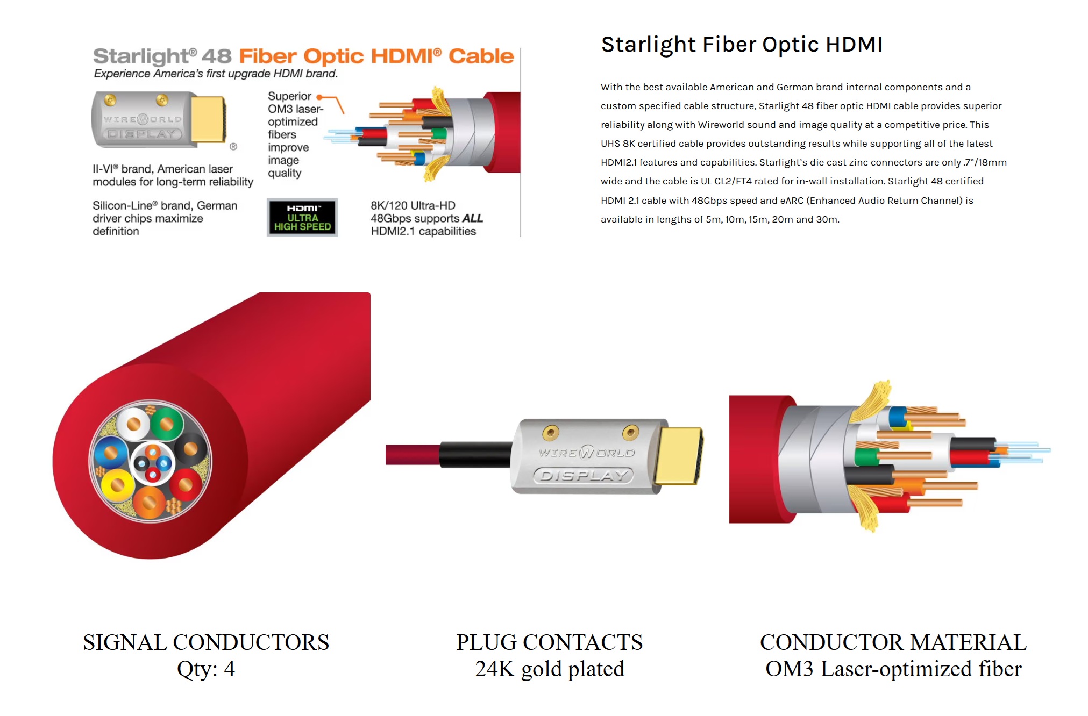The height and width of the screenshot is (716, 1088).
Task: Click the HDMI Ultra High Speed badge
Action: click(x=302, y=217)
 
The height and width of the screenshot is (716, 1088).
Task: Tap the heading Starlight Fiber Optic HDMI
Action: click(x=742, y=45)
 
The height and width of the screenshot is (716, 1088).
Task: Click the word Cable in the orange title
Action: click(x=481, y=56)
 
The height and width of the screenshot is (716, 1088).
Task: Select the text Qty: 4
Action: click(x=206, y=669)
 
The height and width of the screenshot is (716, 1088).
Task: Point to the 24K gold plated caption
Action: click(x=550, y=669)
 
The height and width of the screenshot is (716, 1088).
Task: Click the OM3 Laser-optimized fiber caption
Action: click(x=893, y=669)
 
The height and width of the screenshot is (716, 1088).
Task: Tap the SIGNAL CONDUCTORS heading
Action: click(x=206, y=642)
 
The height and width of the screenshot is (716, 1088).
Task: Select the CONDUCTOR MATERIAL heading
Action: click(x=893, y=642)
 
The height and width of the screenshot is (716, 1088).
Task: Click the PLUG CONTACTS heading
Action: click(x=550, y=642)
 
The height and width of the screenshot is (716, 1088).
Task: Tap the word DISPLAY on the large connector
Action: click(x=584, y=476)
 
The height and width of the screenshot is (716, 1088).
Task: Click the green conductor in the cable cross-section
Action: click(x=167, y=424)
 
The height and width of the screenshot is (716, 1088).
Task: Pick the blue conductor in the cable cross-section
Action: click(x=111, y=453)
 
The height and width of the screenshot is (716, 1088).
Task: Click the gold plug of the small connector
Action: click(x=208, y=119)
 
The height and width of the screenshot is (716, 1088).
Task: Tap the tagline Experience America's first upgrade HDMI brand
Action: click(x=216, y=74)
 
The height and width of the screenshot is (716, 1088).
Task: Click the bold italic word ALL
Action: click(x=472, y=218)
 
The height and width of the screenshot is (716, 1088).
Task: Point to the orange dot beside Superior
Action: click(x=319, y=97)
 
